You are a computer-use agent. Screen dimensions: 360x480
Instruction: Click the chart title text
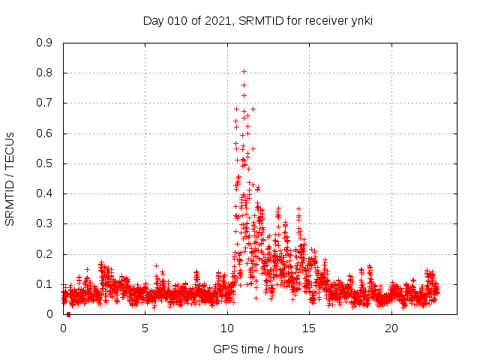pos(257,21)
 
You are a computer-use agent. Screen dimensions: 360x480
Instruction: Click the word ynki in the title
pos(360,21)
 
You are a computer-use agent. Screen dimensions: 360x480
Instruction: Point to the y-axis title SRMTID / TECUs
pos(10,178)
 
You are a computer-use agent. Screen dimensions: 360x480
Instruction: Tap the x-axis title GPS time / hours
pos(258,349)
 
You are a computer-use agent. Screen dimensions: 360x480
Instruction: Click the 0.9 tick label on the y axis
pos(44,43)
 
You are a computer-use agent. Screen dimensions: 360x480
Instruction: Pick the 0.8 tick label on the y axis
pos(44,73)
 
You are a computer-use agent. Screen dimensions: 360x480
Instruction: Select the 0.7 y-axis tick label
pos(44,103)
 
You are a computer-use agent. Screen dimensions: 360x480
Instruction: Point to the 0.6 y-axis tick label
pos(44,133)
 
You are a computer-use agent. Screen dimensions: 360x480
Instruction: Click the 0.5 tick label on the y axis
pos(44,163)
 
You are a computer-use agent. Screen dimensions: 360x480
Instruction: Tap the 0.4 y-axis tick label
pos(44,193)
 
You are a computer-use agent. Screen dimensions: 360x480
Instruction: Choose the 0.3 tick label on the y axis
pos(44,223)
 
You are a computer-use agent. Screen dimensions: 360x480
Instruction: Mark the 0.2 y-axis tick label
pos(44,254)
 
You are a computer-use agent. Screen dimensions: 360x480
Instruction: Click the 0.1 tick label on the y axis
pos(44,284)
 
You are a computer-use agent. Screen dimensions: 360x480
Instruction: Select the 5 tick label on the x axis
pos(145,328)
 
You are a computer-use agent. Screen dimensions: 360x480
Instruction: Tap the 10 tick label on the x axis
pos(227,328)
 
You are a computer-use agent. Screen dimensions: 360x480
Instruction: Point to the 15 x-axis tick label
pos(310,328)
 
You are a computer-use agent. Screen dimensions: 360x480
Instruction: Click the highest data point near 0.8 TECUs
pos(244,71)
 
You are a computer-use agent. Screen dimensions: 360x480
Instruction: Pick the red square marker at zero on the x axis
pos(68,314)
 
